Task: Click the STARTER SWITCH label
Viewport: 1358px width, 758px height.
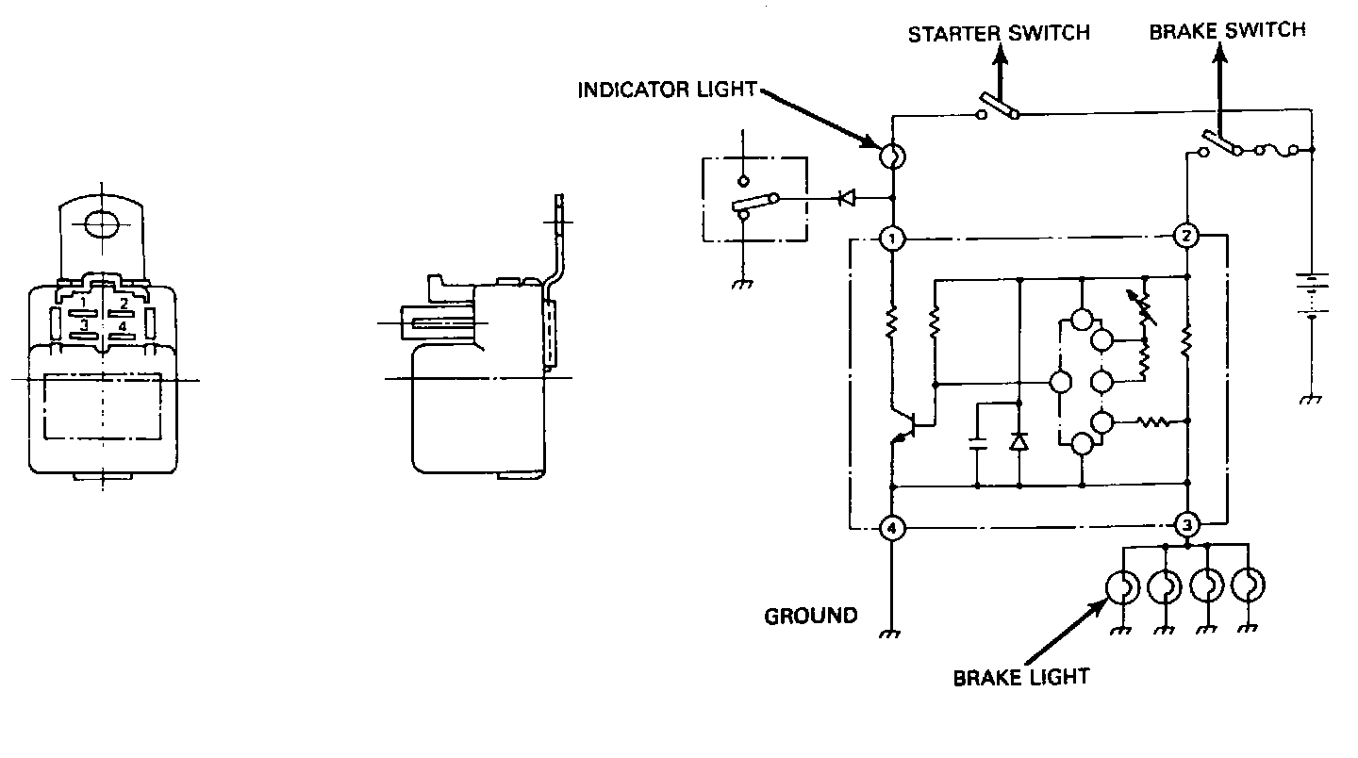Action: tap(999, 34)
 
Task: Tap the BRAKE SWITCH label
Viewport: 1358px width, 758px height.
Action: tap(1227, 30)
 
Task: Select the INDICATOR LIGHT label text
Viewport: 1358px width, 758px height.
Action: tap(667, 90)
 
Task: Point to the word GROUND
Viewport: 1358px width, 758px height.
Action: tap(811, 616)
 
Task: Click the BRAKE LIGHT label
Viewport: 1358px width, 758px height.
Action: tap(1020, 677)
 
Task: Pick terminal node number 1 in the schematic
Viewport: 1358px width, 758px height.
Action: tap(891, 238)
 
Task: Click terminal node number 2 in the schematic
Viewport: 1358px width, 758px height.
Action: tap(1186, 236)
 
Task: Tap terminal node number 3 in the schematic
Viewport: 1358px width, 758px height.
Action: tap(1186, 523)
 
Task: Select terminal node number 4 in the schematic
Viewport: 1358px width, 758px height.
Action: tap(891, 528)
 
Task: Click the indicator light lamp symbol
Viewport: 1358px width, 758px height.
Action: tap(892, 157)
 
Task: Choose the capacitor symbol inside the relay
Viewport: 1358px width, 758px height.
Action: tap(978, 444)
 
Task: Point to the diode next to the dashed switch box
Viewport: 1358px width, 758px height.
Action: tap(846, 198)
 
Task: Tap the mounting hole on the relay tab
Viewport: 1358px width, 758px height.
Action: tap(103, 222)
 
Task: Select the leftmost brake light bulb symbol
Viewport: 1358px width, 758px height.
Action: tap(1122, 586)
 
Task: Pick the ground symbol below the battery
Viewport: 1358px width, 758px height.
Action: tap(1311, 399)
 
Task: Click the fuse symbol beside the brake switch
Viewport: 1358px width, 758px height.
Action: tap(1278, 149)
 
